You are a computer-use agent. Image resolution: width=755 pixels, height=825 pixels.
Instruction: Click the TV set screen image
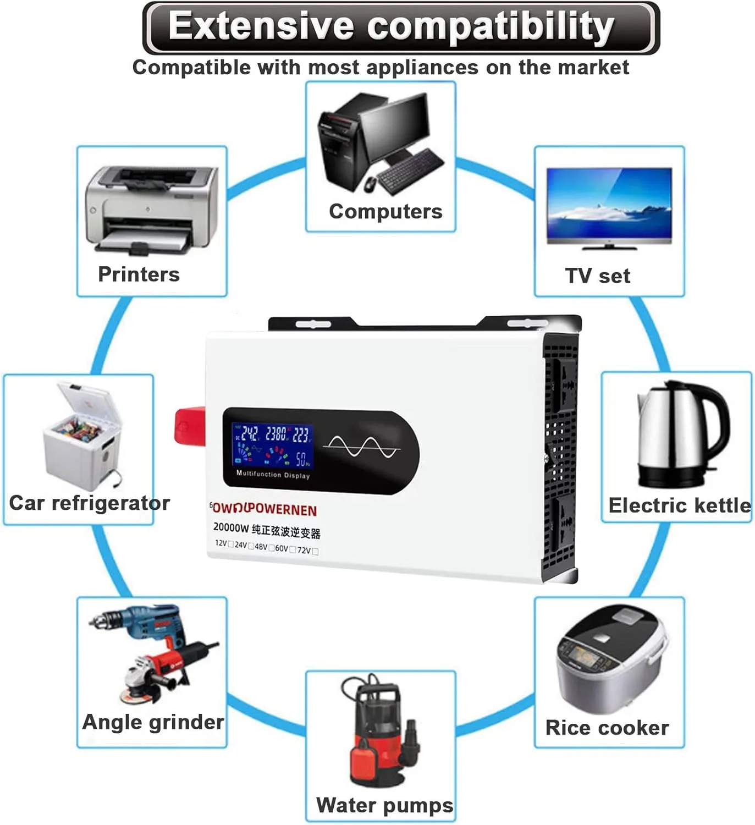point(609,205)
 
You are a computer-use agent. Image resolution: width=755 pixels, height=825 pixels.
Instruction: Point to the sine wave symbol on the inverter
point(361,447)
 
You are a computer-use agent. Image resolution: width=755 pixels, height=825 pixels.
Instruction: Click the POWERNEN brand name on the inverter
point(264,509)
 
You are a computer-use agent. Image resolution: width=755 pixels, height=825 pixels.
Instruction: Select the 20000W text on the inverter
point(231,527)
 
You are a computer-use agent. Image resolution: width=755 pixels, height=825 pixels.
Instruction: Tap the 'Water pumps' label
point(384,805)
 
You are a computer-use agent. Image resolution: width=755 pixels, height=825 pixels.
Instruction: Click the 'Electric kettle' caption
point(679,505)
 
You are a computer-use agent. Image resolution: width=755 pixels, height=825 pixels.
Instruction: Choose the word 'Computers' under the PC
point(385,211)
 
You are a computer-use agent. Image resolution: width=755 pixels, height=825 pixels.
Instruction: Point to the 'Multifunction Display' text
point(273,474)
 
